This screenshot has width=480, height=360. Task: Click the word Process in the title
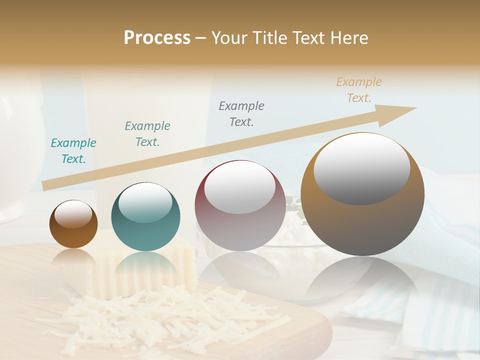[157, 38]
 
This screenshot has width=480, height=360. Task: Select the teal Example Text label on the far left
[73, 151]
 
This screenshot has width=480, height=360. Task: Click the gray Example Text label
[241, 113]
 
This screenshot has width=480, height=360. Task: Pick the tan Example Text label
[358, 90]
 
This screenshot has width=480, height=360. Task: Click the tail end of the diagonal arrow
[47, 185]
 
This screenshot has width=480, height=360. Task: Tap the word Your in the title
[228, 38]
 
